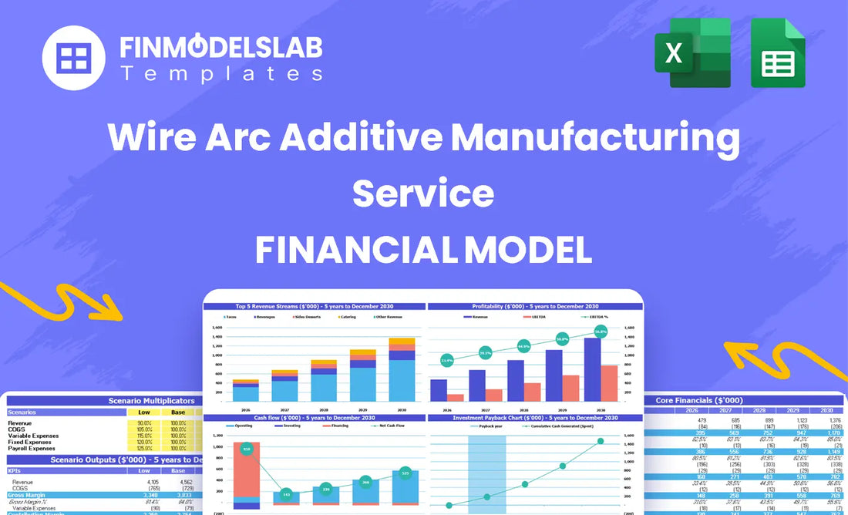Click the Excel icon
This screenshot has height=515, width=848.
[x=692, y=54]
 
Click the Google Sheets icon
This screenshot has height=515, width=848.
[x=777, y=54]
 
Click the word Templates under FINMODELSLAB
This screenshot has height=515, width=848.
[x=221, y=74]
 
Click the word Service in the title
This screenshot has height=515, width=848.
[x=423, y=192]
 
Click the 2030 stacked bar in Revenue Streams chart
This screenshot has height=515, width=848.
[x=401, y=370]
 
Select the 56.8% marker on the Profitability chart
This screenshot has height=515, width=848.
[x=600, y=332]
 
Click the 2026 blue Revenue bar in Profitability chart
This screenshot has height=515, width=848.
[x=439, y=390]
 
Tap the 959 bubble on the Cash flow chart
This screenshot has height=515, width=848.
[x=247, y=448]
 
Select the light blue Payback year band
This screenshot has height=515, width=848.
[x=487, y=470]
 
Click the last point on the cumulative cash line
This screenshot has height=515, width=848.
[x=601, y=441]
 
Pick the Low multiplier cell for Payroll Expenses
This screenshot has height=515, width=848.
[x=144, y=448]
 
